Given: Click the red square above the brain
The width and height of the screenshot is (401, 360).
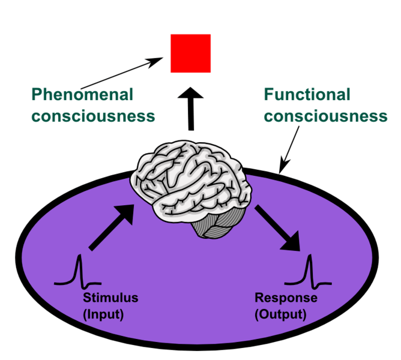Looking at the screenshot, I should coord(190,53).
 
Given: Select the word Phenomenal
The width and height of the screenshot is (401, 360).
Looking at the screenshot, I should coord(82,94).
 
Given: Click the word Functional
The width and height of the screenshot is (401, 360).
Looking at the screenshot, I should coord(307,94).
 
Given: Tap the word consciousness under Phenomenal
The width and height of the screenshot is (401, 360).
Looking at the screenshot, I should coord(93,115).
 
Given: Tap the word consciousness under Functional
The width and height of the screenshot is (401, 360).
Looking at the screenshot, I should coord(325,115).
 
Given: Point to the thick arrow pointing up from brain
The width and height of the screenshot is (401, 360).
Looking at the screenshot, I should coord(191,110).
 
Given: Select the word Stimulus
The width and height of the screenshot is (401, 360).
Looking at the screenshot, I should coord(111,298).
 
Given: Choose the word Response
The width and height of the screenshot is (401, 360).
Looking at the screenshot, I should coord(286,298).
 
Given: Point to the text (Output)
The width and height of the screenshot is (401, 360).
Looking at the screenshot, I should coord(280,313).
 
